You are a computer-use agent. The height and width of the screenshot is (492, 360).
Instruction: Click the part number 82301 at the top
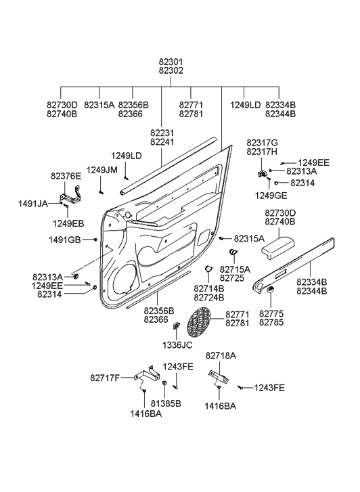(171, 62)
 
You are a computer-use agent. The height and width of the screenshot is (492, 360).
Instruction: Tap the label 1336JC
(177, 344)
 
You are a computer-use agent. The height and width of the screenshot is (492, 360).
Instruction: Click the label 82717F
(106, 377)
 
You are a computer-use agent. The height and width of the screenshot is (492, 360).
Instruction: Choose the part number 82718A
(221, 355)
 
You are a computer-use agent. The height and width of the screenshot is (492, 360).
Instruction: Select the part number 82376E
(66, 176)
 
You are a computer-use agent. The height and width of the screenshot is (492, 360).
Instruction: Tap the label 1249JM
(102, 170)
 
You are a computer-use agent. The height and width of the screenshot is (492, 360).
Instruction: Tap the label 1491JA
(32, 203)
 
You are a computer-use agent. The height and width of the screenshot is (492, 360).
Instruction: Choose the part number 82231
(162, 133)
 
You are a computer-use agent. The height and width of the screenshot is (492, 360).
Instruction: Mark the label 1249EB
(68, 223)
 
